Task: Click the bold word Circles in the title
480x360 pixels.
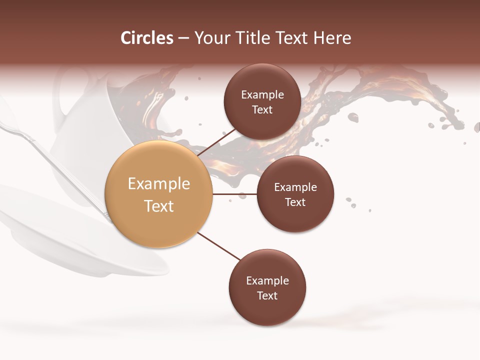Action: click(146, 38)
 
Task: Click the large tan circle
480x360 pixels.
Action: click(158, 194)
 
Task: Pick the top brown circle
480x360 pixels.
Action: click(262, 102)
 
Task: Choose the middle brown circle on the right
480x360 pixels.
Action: click(295, 194)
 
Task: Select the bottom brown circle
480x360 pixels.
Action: click(267, 288)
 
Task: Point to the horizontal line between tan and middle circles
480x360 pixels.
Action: click(234, 194)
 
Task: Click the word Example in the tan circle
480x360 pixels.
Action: click(158, 184)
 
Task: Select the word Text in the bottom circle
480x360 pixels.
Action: click(267, 295)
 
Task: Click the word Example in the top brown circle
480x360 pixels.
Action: click(262, 94)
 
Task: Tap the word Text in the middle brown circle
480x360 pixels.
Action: click(295, 202)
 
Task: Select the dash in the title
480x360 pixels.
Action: click(183, 38)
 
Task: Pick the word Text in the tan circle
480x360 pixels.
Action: click(158, 206)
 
